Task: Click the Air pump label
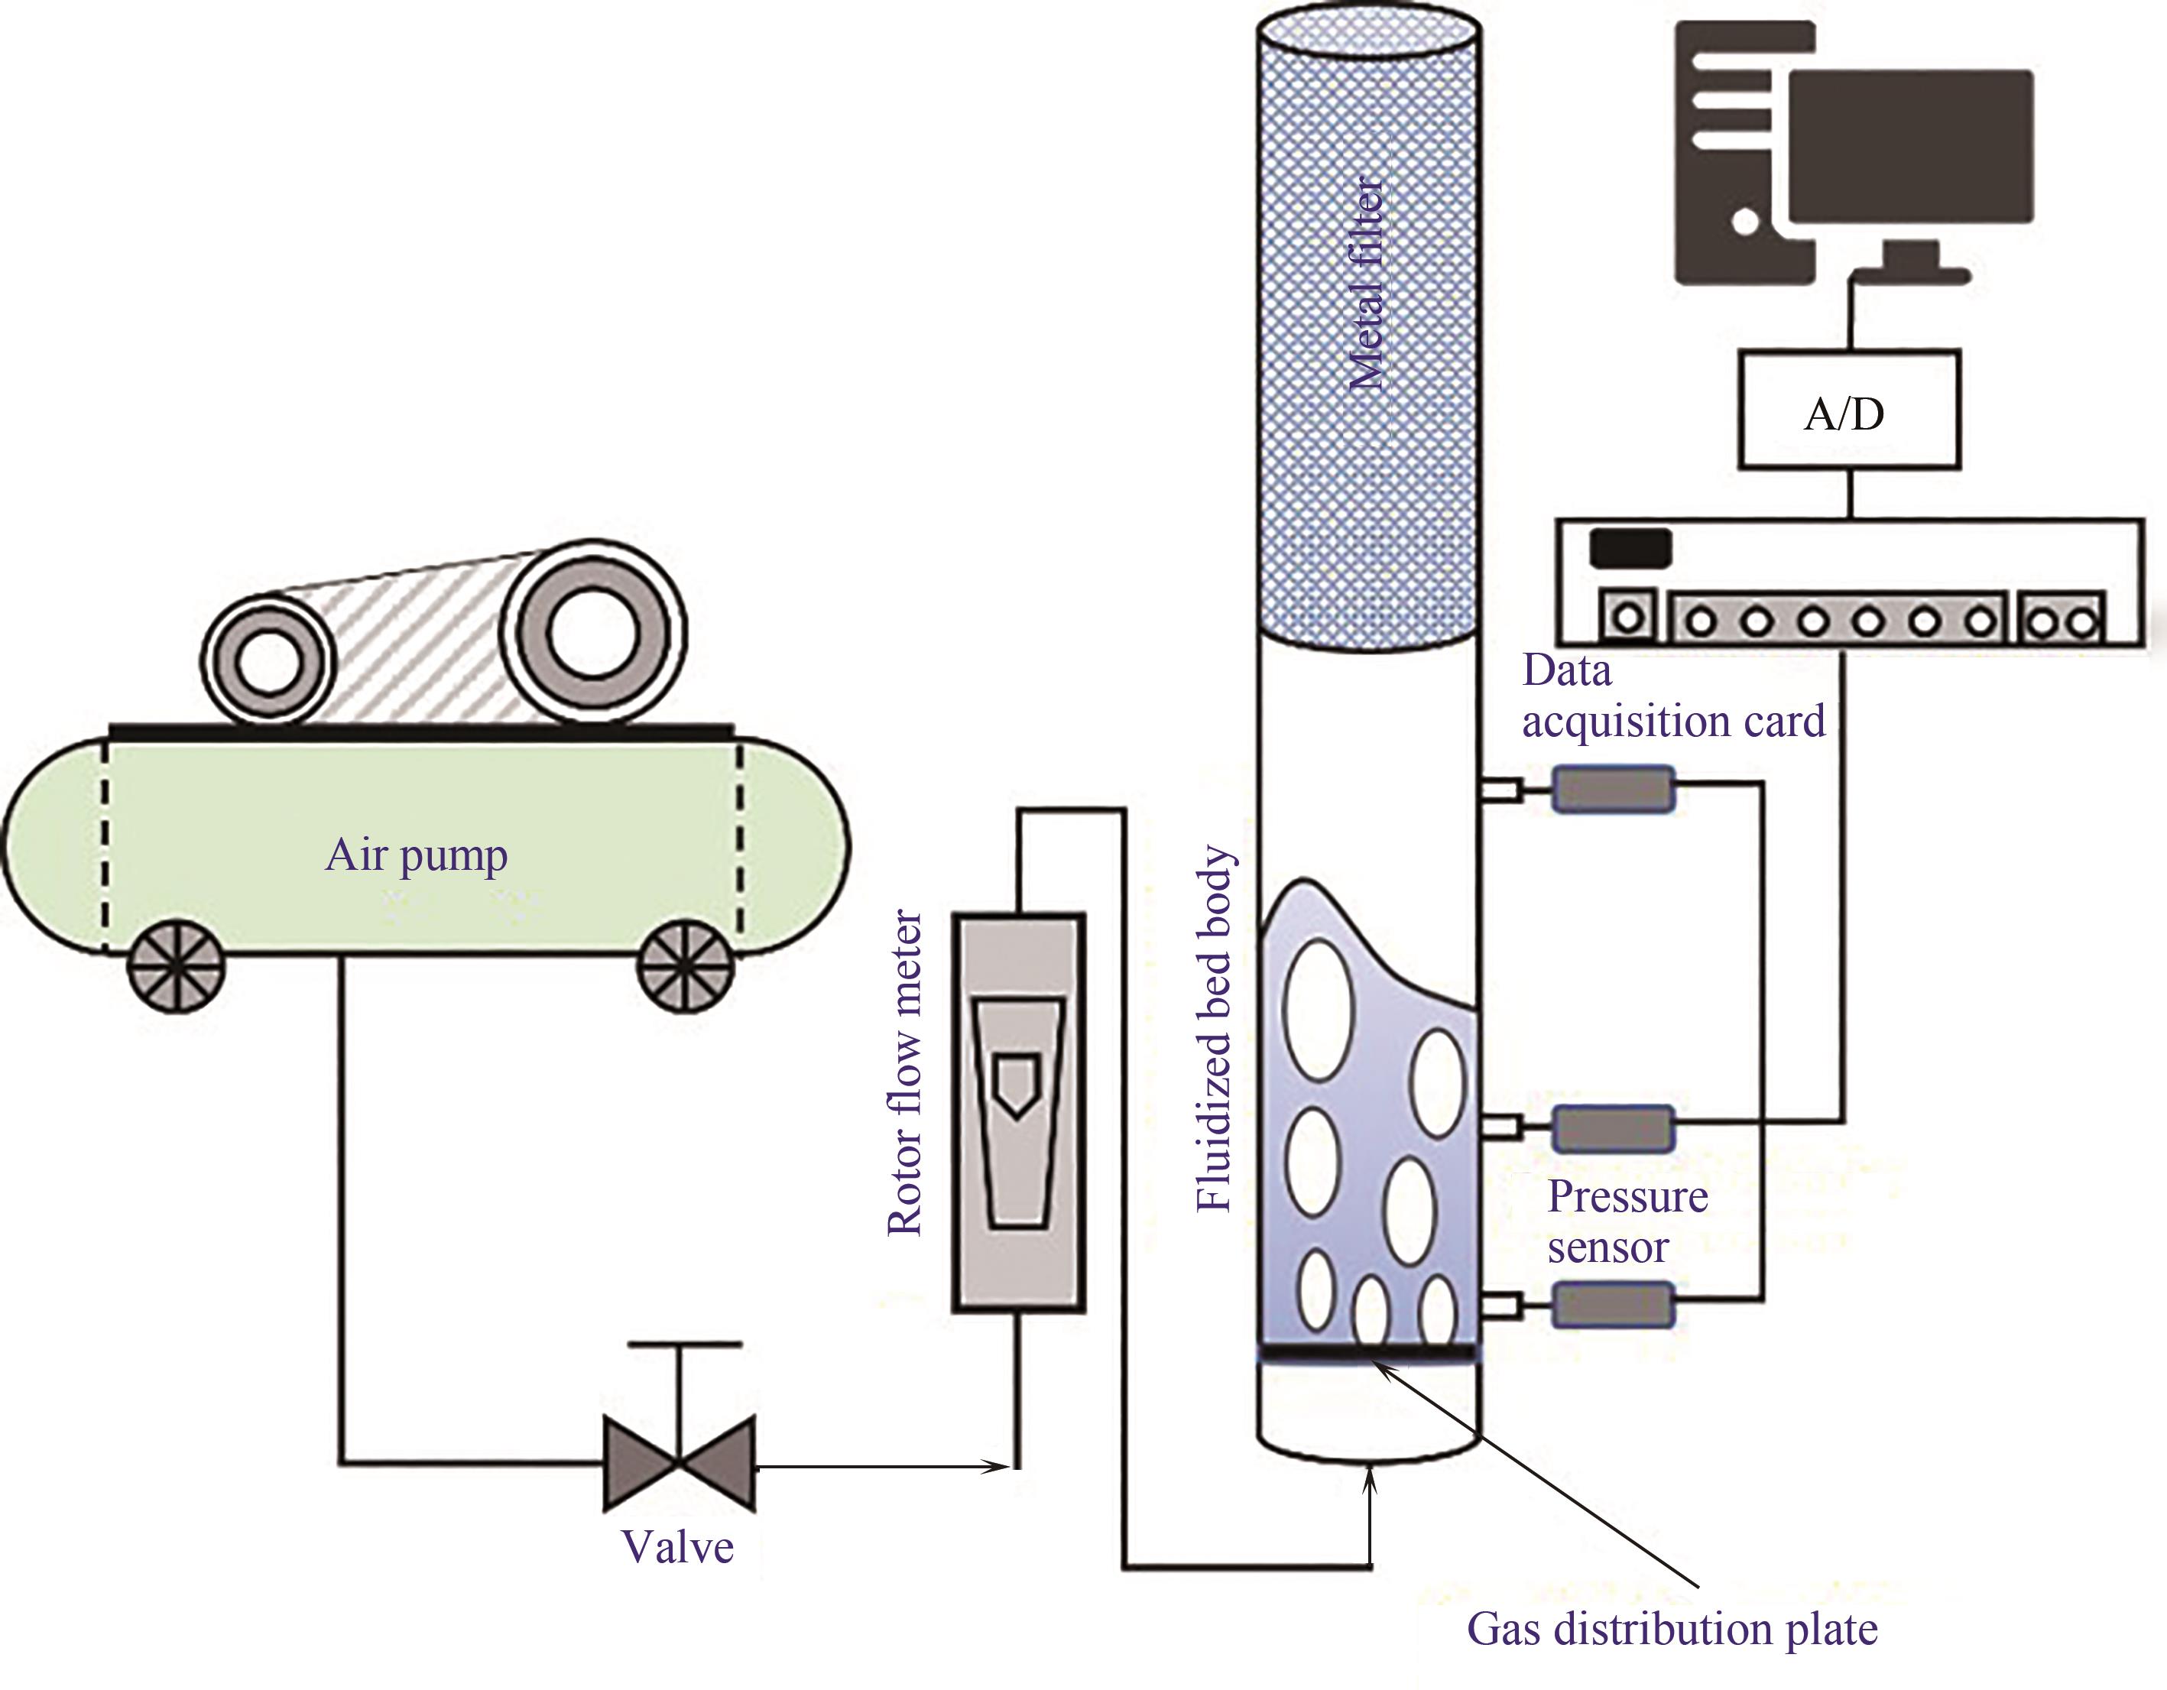pyautogui.click(x=417, y=855)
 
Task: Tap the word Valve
pyautogui.click(x=678, y=1547)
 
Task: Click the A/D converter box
pyautogui.click(x=1848, y=409)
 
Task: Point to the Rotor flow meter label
pyautogui.click(x=905, y=1074)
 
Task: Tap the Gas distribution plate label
pyautogui.click(x=1672, y=1630)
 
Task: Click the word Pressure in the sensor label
pyautogui.click(x=1627, y=1198)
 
